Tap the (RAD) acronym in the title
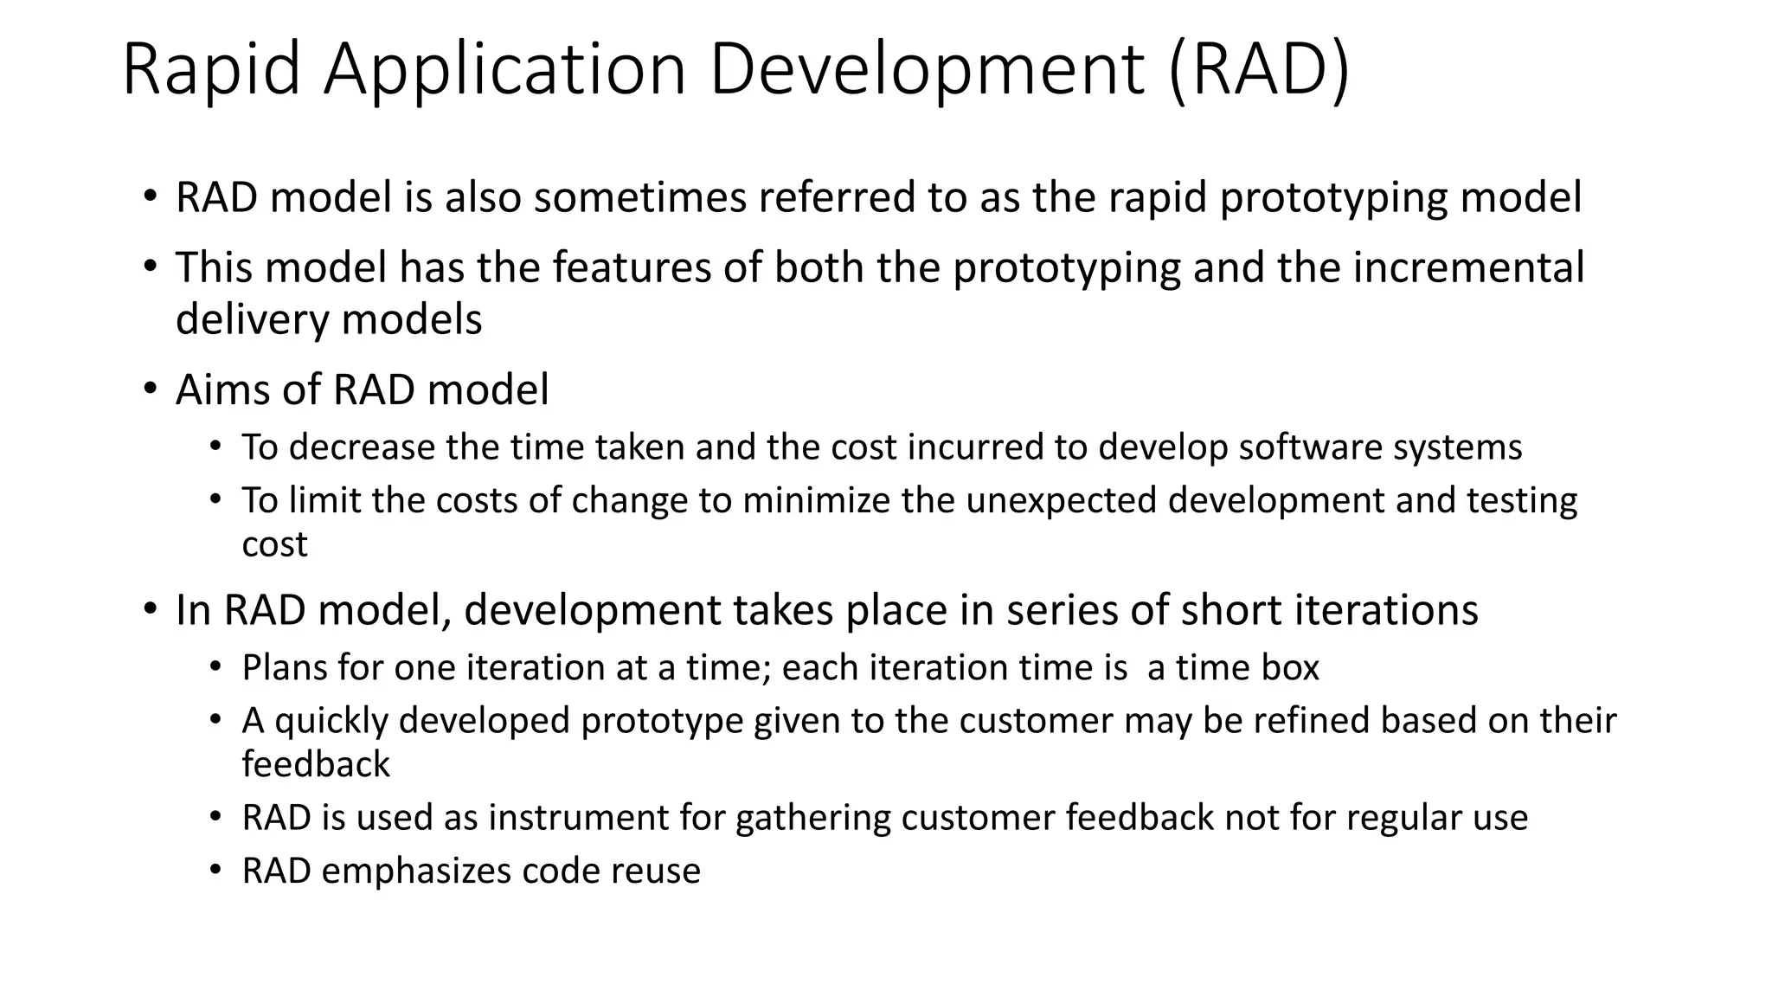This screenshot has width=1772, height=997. pyautogui.click(x=1258, y=71)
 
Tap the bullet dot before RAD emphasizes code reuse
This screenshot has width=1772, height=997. pyautogui.click(x=216, y=870)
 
